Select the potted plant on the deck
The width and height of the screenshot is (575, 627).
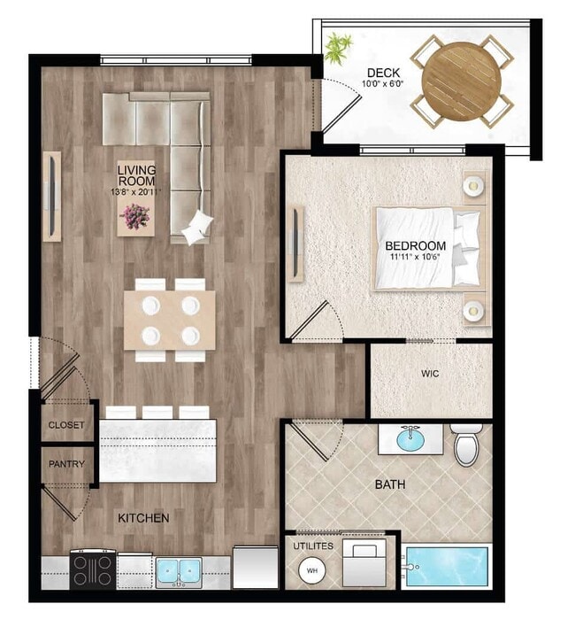[x=337, y=48]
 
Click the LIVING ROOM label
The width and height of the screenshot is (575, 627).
[x=136, y=175]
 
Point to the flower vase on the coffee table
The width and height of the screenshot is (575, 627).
[x=136, y=214]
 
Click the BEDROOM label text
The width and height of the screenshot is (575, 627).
[x=415, y=245]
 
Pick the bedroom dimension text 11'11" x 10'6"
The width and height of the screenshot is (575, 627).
[x=415, y=259]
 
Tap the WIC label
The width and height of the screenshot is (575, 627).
[x=430, y=374]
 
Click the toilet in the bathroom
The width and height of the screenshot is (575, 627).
[x=466, y=445]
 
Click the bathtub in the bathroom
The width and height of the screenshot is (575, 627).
[x=446, y=566]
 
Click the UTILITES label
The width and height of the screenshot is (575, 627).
[x=313, y=546]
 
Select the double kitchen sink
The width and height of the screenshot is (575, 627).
[x=180, y=571]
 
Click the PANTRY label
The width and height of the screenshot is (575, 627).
[x=66, y=464]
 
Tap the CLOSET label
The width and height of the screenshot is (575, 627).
[x=66, y=425]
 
